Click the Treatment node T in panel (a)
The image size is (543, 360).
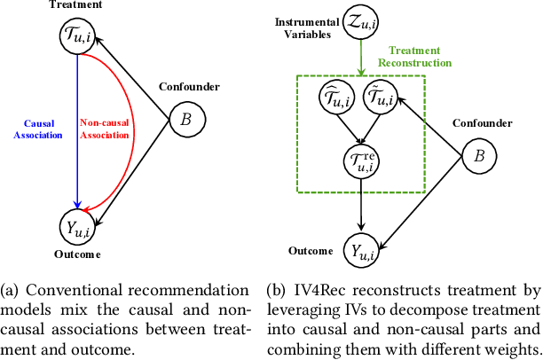[77, 36]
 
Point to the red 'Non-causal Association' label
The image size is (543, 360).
[106, 131]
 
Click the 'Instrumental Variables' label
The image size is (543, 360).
[301, 27]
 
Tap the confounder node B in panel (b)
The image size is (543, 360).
[479, 157]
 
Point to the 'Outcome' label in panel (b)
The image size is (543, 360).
[311, 252]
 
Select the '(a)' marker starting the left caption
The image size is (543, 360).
[12, 291]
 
